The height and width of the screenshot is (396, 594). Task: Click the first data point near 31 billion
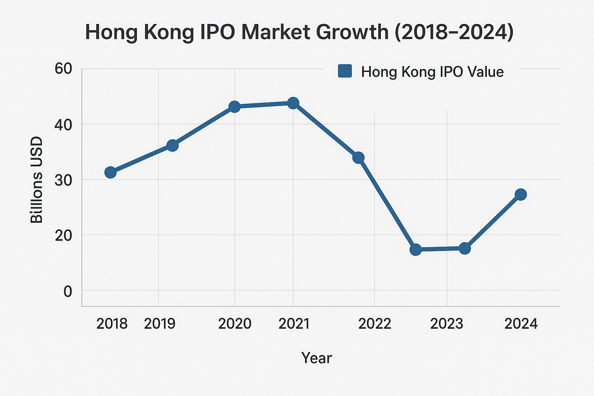click(x=111, y=172)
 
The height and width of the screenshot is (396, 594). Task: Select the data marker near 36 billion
click(x=172, y=145)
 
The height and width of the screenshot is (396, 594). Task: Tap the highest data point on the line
click(x=293, y=103)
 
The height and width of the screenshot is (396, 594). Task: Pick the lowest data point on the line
click(x=415, y=250)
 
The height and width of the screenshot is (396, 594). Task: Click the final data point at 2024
click(x=521, y=194)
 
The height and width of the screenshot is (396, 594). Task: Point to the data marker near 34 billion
click(x=358, y=157)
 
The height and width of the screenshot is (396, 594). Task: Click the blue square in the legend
click(x=345, y=71)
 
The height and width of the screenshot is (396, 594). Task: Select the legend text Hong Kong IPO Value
click(x=432, y=72)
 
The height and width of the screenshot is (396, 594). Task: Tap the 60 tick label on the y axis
click(x=63, y=69)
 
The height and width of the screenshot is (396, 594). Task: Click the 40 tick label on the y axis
click(x=63, y=125)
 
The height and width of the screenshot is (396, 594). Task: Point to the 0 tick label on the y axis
click(x=68, y=291)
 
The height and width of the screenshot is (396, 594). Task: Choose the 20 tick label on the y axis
click(x=63, y=236)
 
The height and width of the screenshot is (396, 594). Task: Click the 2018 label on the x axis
click(x=112, y=324)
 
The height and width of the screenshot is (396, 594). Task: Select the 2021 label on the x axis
click(x=294, y=324)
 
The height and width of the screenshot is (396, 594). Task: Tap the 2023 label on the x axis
click(x=447, y=324)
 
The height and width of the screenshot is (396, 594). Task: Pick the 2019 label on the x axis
click(x=159, y=324)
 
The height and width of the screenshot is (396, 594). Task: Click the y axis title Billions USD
click(x=37, y=180)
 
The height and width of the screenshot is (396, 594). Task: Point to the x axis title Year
click(x=316, y=358)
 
